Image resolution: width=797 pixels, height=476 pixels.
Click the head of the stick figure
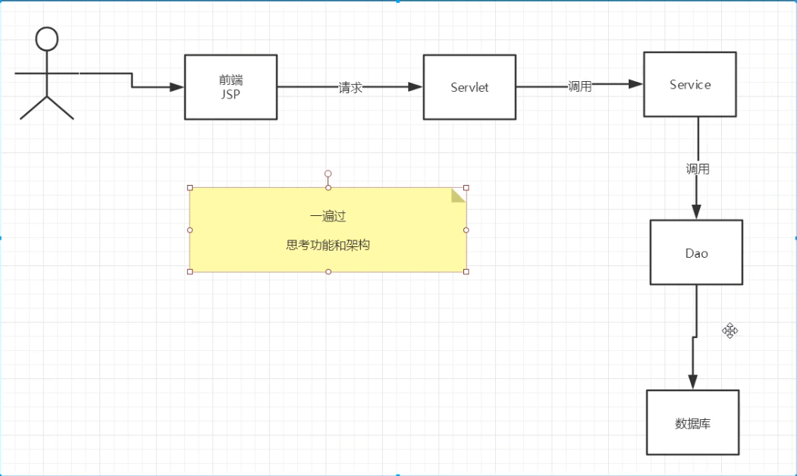pos(47,39)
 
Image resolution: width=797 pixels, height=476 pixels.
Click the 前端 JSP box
pos(231,87)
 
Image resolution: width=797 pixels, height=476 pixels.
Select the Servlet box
pos(469,87)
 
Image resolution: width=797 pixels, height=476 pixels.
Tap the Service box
pos(689,84)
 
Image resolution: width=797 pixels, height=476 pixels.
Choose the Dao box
pos(696,252)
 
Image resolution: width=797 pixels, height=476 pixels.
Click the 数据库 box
pos(692,423)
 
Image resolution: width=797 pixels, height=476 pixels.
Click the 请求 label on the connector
pos(350,87)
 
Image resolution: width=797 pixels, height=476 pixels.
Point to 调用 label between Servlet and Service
pos(580,86)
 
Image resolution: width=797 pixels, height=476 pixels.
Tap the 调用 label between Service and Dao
pos(698,169)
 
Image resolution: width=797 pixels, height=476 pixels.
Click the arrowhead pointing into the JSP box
pos(177,87)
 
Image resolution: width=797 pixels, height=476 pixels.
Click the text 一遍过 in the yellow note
pos(328,217)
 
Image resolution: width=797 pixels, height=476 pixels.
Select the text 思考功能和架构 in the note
pos(328,246)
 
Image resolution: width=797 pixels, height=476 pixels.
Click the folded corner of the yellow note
pos(459,195)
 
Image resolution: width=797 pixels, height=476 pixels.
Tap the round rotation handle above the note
pos(328,174)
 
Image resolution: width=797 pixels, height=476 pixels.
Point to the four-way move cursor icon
pos(730,330)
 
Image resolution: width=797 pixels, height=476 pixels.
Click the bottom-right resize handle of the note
pos(466,271)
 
